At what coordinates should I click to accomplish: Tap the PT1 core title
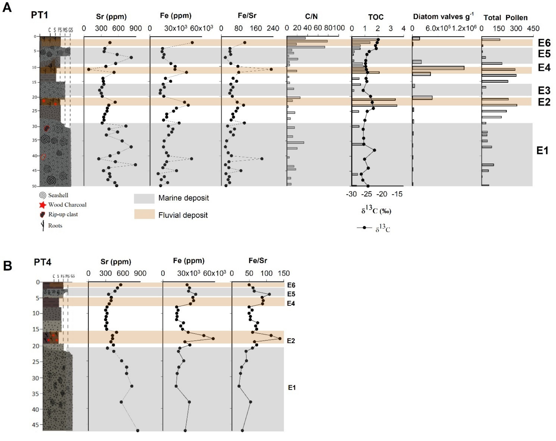(x=39, y=15)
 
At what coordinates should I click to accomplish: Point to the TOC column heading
(x=376, y=17)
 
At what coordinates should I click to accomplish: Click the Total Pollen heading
(x=505, y=18)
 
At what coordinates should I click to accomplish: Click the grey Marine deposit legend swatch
(x=144, y=198)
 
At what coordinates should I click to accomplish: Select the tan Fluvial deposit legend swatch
(x=144, y=214)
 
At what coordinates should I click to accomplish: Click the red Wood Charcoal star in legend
(x=42, y=205)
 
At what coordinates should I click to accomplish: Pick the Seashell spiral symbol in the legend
(x=42, y=195)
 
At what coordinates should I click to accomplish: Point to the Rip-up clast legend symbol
(x=42, y=215)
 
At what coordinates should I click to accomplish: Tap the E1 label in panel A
(x=542, y=151)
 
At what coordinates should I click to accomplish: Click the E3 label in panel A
(x=544, y=90)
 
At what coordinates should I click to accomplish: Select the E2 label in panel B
(x=291, y=341)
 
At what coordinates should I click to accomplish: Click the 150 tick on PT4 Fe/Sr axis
(x=284, y=273)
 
